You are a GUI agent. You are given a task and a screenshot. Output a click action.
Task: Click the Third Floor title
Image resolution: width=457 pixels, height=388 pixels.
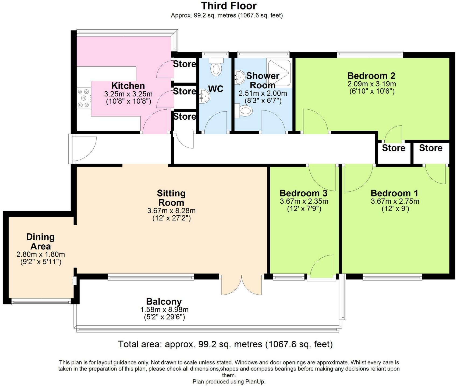click(x=229, y=6)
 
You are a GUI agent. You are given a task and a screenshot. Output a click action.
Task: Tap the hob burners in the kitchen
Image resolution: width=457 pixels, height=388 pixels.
click(x=83, y=98)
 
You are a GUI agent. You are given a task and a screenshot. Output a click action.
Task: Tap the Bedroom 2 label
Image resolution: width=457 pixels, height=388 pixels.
click(x=371, y=76)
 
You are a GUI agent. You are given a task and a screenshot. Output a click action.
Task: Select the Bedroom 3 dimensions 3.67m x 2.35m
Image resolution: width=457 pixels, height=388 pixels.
click(x=304, y=201)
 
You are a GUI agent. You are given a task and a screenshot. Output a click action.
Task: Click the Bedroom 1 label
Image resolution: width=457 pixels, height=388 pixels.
click(x=394, y=193)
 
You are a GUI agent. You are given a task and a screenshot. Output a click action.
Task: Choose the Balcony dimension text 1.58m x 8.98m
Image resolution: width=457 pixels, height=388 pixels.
click(x=164, y=310)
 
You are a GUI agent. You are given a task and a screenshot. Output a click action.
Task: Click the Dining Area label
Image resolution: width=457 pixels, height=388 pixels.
click(x=40, y=241)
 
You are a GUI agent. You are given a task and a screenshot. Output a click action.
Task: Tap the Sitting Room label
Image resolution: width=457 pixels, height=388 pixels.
click(x=171, y=198)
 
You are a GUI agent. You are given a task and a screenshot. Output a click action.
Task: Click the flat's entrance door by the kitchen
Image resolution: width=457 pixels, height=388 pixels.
click(x=83, y=149)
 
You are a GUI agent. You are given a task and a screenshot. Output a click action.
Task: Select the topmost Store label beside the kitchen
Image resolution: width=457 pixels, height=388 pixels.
click(x=184, y=64)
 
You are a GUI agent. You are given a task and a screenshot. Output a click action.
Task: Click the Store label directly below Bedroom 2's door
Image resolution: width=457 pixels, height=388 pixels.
click(x=393, y=148)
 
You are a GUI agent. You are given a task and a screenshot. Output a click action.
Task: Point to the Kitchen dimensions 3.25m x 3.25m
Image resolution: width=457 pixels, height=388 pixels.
click(x=128, y=94)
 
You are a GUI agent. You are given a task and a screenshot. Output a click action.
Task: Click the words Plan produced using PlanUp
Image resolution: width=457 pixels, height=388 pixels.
click(x=229, y=382)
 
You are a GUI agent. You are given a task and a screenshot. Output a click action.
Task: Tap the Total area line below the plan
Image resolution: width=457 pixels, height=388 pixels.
click(x=225, y=344)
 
